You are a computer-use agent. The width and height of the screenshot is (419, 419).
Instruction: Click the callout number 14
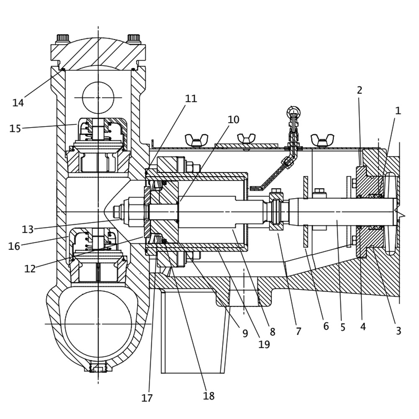(18, 103)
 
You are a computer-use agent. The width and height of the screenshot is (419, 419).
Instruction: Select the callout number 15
(15, 129)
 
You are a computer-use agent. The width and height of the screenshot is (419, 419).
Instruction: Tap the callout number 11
(191, 98)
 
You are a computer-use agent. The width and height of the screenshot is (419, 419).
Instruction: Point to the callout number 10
(233, 120)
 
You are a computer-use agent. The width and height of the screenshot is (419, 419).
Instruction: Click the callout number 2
(360, 90)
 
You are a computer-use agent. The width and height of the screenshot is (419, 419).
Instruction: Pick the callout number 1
(398, 111)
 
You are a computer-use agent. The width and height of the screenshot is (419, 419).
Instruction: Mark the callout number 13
(28, 230)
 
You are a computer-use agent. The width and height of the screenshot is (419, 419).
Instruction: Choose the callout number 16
(14, 246)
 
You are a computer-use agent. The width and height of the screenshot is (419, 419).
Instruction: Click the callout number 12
(30, 269)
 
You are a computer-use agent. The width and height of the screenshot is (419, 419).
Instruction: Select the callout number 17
(147, 398)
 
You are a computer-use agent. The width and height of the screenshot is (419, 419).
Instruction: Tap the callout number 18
(209, 396)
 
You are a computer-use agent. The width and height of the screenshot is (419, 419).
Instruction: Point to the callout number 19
(264, 344)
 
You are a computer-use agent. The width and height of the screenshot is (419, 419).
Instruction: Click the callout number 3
(398, 331)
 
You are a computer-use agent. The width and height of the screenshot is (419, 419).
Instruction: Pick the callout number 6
(326, 326)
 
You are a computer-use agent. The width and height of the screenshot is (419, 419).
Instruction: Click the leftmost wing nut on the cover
(197, 140)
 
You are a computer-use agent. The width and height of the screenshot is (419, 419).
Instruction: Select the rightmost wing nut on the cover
(322, 140)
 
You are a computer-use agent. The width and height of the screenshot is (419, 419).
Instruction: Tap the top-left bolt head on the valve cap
(63, 39)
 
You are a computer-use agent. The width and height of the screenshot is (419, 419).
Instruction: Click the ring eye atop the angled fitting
(293, 112)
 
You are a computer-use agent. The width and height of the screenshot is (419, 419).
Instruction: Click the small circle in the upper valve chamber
(98, 98)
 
